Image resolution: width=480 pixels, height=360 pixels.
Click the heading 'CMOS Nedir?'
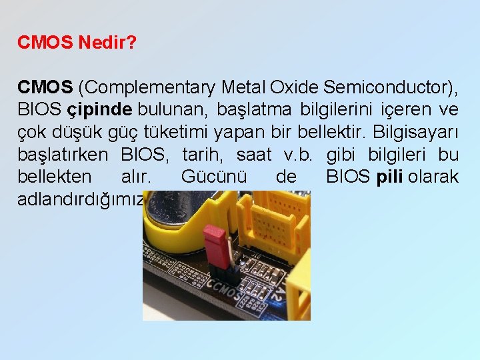[x=77, y=43]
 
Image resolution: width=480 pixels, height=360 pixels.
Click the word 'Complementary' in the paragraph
[x=151, y=87]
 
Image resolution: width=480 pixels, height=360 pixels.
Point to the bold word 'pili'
[x=389, y=177]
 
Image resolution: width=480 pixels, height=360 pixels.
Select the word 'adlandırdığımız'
[x=81, y=199]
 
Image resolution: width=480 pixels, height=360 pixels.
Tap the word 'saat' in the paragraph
[x=254, y=155]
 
